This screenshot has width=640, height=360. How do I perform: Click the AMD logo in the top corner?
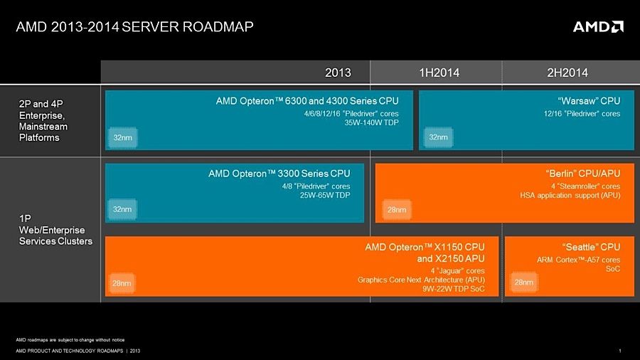(x=598, y=26)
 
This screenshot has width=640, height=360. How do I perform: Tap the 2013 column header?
(x=338, y=72)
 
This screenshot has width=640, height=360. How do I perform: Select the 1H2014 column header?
(x=439, y=72)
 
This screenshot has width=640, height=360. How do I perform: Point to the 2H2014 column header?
(x=567, y=72)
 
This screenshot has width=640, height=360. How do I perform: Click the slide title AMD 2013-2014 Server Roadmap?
(x=134, y=27)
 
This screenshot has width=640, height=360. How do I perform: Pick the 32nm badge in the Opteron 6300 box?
(x=122, y=137)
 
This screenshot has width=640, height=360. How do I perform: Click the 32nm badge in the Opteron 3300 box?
(x=122, y=209)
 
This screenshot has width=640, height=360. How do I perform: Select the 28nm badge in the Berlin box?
(x=395, y=210)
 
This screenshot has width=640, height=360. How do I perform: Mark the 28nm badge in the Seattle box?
(x=523, y=282)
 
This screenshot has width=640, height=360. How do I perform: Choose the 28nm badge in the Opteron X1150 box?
(x=122, y=283)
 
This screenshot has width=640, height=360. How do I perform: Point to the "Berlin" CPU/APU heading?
(x=582, y=173)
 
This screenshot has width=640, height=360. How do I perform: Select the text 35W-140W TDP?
(x=371, y=123)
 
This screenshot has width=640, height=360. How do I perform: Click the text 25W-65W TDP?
(x=325, y=196)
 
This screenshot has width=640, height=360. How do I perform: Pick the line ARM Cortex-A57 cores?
(x=578, y=260)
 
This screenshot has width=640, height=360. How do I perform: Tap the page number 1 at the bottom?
(x=621, y=350)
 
